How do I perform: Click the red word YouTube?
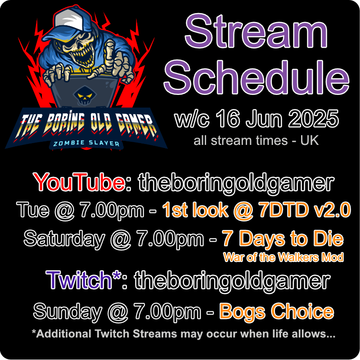coord(79,183)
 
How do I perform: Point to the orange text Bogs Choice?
coord(276,311)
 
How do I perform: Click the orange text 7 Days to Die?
coord(283,238)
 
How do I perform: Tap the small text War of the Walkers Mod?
coord(283,257)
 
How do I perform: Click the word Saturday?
coord(63,238)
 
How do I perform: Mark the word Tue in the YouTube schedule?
coord(31,209)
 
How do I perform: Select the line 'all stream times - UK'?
coord(256,140)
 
